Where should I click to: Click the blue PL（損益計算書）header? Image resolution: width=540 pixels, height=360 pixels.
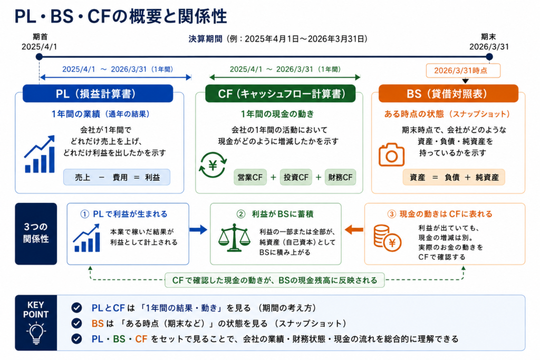pos(98,94)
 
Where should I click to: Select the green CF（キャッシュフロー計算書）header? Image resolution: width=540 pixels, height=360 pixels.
pos(281,94)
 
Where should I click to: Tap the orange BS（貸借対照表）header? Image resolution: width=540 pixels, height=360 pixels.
pos(448,94)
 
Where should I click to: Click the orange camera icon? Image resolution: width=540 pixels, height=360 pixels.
pos(392,155)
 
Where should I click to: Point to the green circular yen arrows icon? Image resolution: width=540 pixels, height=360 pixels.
pos(213,165)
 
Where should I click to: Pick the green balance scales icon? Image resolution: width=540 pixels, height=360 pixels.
pos(235,238)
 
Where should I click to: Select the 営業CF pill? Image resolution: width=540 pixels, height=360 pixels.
pos(250,177)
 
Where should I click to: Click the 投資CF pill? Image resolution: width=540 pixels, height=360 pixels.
pos(296,177)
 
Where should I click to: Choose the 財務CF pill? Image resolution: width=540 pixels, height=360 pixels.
pos(340,177)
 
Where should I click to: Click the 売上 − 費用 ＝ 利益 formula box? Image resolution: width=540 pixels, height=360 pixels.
pos(117,177)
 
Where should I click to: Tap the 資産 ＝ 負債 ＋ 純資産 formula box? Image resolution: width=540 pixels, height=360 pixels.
pos(454,177)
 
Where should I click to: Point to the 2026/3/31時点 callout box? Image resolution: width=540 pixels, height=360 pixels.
pos(463,71)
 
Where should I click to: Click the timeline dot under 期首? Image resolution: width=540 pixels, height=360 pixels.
pos(39,56)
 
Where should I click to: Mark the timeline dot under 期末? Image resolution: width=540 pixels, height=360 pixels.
pos(489,56)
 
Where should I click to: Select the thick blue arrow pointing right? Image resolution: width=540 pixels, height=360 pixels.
pos(198,230)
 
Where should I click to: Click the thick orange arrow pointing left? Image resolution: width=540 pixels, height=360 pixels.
pos(354,230)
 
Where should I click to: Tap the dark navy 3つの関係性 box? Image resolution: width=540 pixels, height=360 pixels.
pos(36,233)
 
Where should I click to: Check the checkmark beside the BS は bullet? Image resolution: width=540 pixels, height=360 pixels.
pos(76,323)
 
